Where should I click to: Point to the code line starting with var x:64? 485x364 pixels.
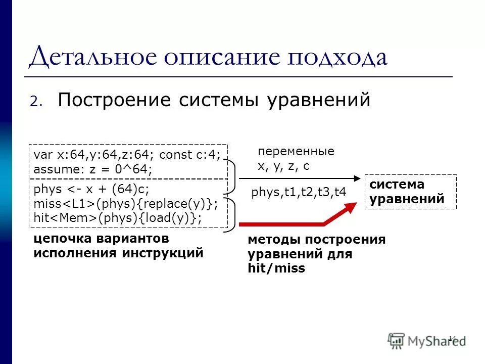(127, 155)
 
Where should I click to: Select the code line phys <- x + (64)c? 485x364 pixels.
(91, 189)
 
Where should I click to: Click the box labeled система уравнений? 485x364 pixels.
(410, 192)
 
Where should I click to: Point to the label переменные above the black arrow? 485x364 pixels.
(296, 152)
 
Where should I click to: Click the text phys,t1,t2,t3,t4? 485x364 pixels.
(299, 193)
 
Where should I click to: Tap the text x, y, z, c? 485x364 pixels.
(283, 166)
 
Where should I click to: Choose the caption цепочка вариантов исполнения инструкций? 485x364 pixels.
(118, 245)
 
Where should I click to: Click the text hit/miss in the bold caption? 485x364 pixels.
(276, 268)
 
